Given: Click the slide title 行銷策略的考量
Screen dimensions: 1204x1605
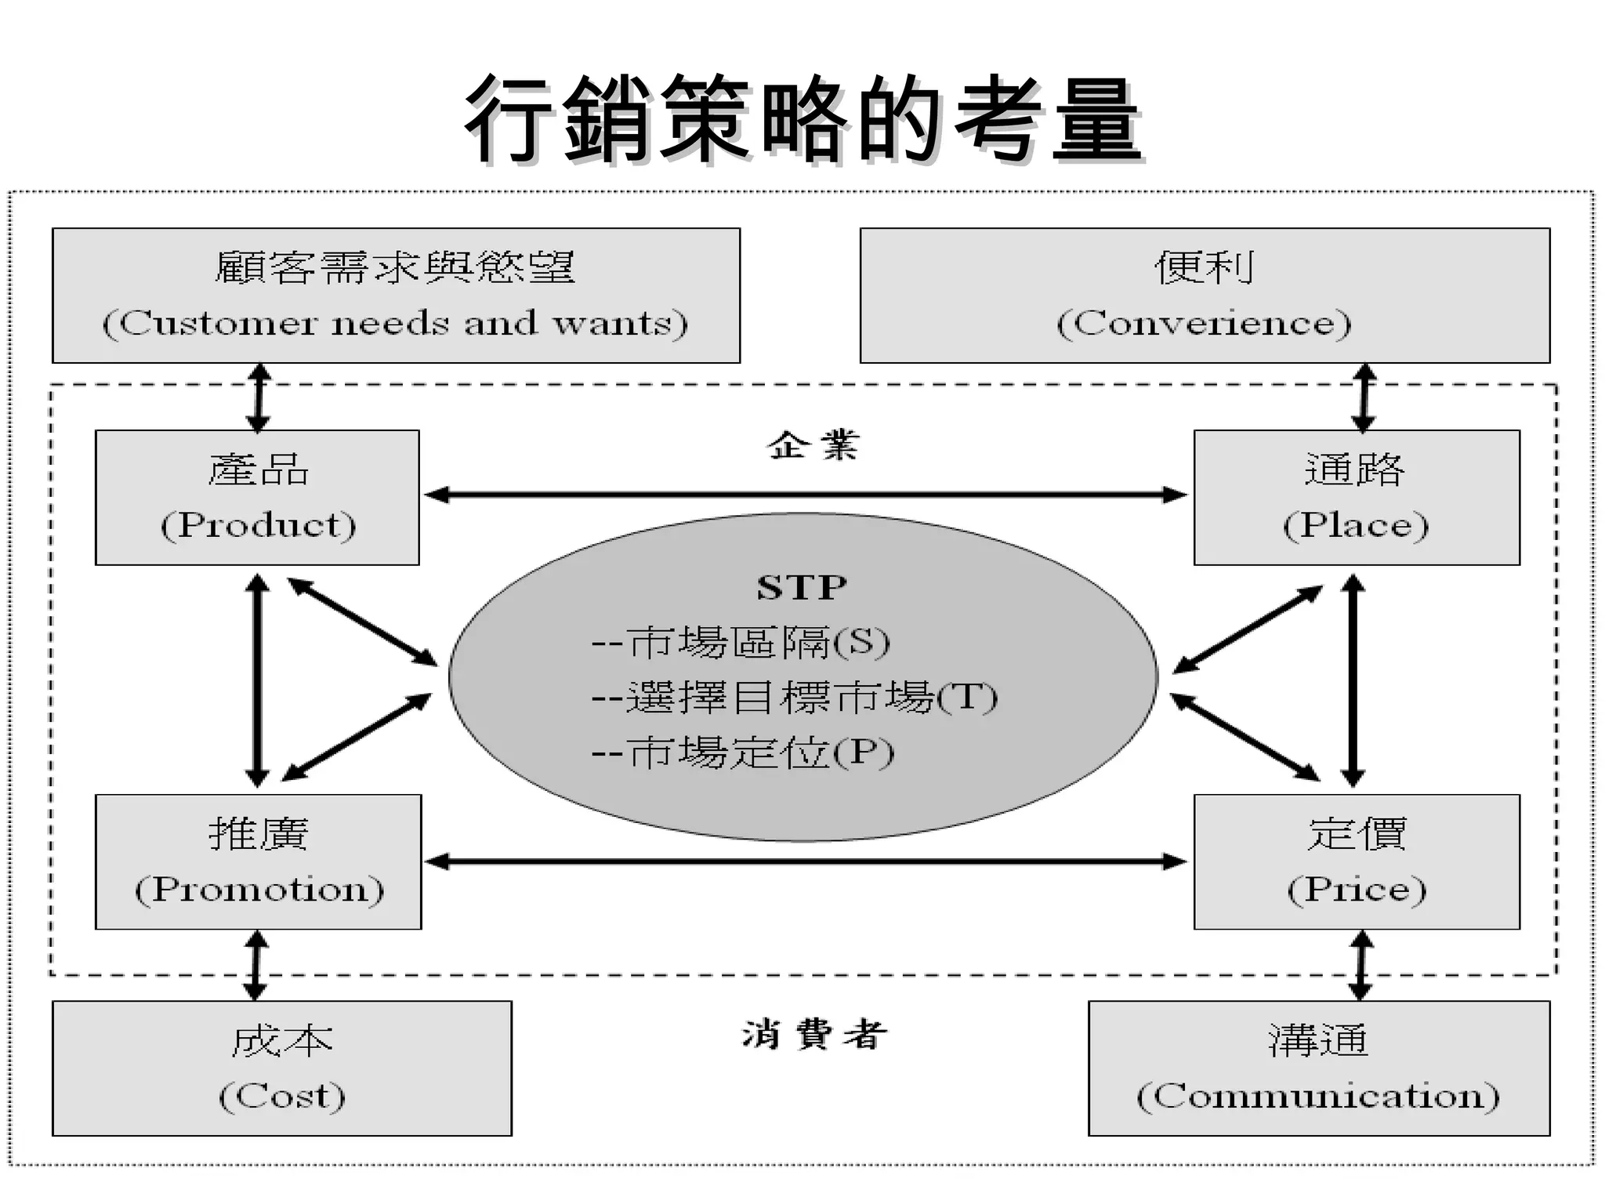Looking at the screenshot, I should (x=802, y=119).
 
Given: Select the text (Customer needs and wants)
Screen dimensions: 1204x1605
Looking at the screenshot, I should (x=395, y=323).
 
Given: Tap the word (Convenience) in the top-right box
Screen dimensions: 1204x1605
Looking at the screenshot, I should (x=1204, y=323).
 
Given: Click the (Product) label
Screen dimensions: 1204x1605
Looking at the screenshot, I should (x=258, y=524).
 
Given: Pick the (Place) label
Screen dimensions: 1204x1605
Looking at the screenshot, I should (x=1356, y=524).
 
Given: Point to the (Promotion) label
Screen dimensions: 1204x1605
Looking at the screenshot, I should (x=259, y=889).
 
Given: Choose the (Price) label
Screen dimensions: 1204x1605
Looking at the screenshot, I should (x=1357, y=889).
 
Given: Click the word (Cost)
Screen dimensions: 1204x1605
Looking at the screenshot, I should (x=282, y=1096).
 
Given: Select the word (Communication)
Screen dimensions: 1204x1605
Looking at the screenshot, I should (x=1318, y=1096).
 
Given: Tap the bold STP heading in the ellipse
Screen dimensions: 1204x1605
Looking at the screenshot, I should (x=802, y=587).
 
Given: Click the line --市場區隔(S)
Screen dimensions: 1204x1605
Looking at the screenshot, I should (x=741, y=642).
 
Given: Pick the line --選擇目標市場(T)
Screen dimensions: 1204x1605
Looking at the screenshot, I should (x=794, y=697).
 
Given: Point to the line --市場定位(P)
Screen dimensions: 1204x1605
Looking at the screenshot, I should (x=742, y=752).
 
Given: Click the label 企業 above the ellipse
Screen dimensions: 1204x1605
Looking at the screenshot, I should (x=813, y=445).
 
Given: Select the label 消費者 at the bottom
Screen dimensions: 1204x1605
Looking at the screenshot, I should (x=814, y=1034).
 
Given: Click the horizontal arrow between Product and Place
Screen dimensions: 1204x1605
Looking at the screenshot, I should (x=806, y=495).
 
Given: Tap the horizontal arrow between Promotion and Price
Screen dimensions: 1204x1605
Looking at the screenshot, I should (x=806, y=861).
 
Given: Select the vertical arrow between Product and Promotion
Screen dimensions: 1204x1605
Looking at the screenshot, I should (x=257, y=680).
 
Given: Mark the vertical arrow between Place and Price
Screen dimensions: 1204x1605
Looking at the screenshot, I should (x=1353, y=680).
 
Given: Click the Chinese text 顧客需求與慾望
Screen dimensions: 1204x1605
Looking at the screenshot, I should (x=395, y=267).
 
